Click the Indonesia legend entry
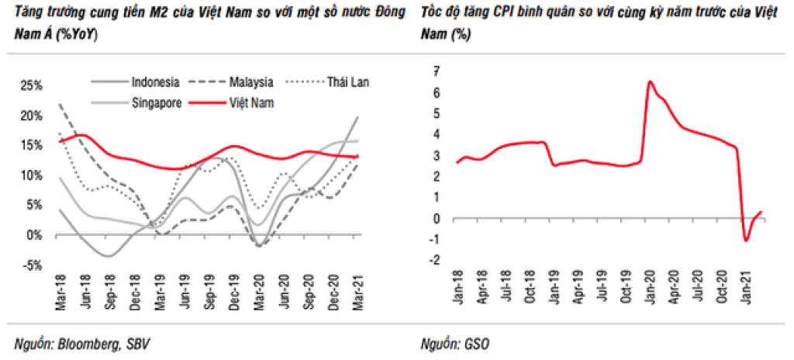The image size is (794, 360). pyautogui.click(x=156, y=82)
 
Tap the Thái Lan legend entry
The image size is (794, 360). pyautogui.click(x=346, y=82)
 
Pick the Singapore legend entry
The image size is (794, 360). pyautogui.click(x=156, y=102)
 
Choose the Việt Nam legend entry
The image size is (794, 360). pyautogui.click(x=252, y=102)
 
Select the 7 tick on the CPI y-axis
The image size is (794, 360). pyautogui.click(x=437, y=71)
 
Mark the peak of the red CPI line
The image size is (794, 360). pyautogui.click(x=650, y=81)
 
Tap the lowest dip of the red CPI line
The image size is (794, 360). pyautogui.click(x=746, y=241)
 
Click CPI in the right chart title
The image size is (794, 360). pyautogui.click(x=498, y=16)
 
